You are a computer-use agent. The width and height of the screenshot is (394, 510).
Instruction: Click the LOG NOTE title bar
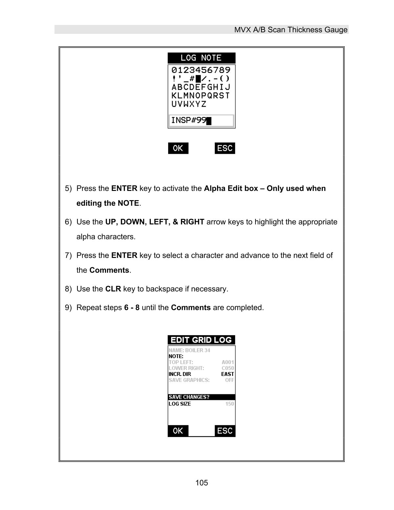pyautogui.click(x=201, y=58)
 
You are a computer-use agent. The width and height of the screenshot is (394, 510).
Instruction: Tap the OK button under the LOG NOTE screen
pyautogui.click(x=178, y=148)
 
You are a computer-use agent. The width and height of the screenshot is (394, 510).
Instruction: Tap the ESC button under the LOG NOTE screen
pyautogui.click(x=225, y=148)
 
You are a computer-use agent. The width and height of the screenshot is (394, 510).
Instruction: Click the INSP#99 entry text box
pyautogui.click(x=201, y=121)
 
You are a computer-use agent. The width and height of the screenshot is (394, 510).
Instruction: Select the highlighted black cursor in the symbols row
pyautogui.click(x=198, y=79)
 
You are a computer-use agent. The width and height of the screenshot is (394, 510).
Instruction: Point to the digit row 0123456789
pyautogui.click(x=201, y=70)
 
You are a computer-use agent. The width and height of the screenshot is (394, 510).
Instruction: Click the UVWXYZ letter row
pyautogui.click(x=189, y=104)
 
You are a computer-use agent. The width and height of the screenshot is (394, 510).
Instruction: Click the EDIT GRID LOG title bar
pyautogui.click(x=201, y=340)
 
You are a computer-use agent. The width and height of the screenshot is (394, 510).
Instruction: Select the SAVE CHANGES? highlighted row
pyautogui.click(x=201, y=397)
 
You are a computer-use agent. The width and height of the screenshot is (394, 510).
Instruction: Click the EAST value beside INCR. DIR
pyautogui.click(x=228, y=374)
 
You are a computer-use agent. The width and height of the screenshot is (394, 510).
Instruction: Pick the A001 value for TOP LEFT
pyautogui.click(x=228, y=362)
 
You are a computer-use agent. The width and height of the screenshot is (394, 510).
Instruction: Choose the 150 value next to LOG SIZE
pyautogui.click(x=230, y=404)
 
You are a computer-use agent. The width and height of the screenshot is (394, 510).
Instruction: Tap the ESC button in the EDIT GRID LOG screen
pyautogui.click(x=225, y=431)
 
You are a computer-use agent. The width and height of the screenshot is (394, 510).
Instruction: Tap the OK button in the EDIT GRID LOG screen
pyautogui.click(x=178, y=431)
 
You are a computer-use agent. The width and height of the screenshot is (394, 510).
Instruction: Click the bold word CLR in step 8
pyautogui.click(x=113, y=289)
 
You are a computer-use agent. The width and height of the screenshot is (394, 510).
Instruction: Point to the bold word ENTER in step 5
pyautogui.click(x=124, y=189)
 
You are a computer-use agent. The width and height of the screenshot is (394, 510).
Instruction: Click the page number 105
pyautogui.click(x=202, y=483)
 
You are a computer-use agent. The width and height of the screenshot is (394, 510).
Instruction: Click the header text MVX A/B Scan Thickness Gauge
pyautogui.click(x=291, y=30)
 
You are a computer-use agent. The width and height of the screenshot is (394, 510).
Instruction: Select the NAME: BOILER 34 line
pyautogui.click(x=189, y=350)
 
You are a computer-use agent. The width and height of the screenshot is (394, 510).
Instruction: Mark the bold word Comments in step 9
pyautogui.click(x=191, y=308)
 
